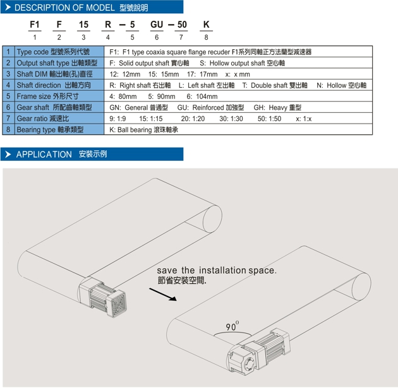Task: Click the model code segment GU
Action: point(157,25)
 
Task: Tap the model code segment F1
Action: point(35,25)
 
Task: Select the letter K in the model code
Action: point(206,25)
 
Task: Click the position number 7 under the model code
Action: point(181,37)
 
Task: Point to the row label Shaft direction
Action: point(39,85)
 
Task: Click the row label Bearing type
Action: point(36,130)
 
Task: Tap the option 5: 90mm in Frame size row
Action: point(162,97)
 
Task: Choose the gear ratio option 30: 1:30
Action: point(231,119)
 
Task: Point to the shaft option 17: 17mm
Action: point(202,74)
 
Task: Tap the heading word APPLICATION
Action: point(44,155)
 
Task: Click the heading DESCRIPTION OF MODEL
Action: point(64,8)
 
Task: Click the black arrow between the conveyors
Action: point(163,294)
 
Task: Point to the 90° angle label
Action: point(232,326)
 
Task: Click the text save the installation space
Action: point(217,271)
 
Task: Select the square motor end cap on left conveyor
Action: point(116,304)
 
